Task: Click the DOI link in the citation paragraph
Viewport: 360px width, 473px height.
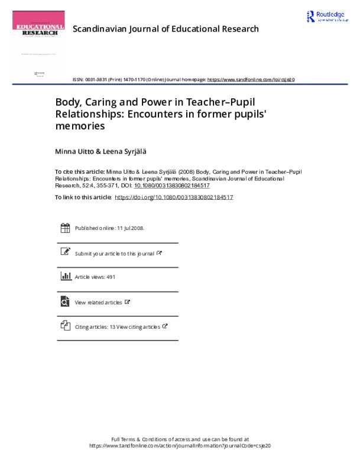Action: click(171, 184)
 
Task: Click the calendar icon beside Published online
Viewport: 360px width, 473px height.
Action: click(65, 228)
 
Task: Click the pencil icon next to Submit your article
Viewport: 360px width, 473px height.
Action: click(65, 252)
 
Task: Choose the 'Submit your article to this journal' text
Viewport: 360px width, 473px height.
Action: click(115, 254)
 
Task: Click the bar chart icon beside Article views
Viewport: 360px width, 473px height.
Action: click(65, 277)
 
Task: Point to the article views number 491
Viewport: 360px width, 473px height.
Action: click(110, 277)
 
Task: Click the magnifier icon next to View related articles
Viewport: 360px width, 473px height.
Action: click(65, 302)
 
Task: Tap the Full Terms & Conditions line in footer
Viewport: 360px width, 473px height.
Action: click(180, 439)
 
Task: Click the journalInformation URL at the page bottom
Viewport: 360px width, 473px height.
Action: click(180, 446)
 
